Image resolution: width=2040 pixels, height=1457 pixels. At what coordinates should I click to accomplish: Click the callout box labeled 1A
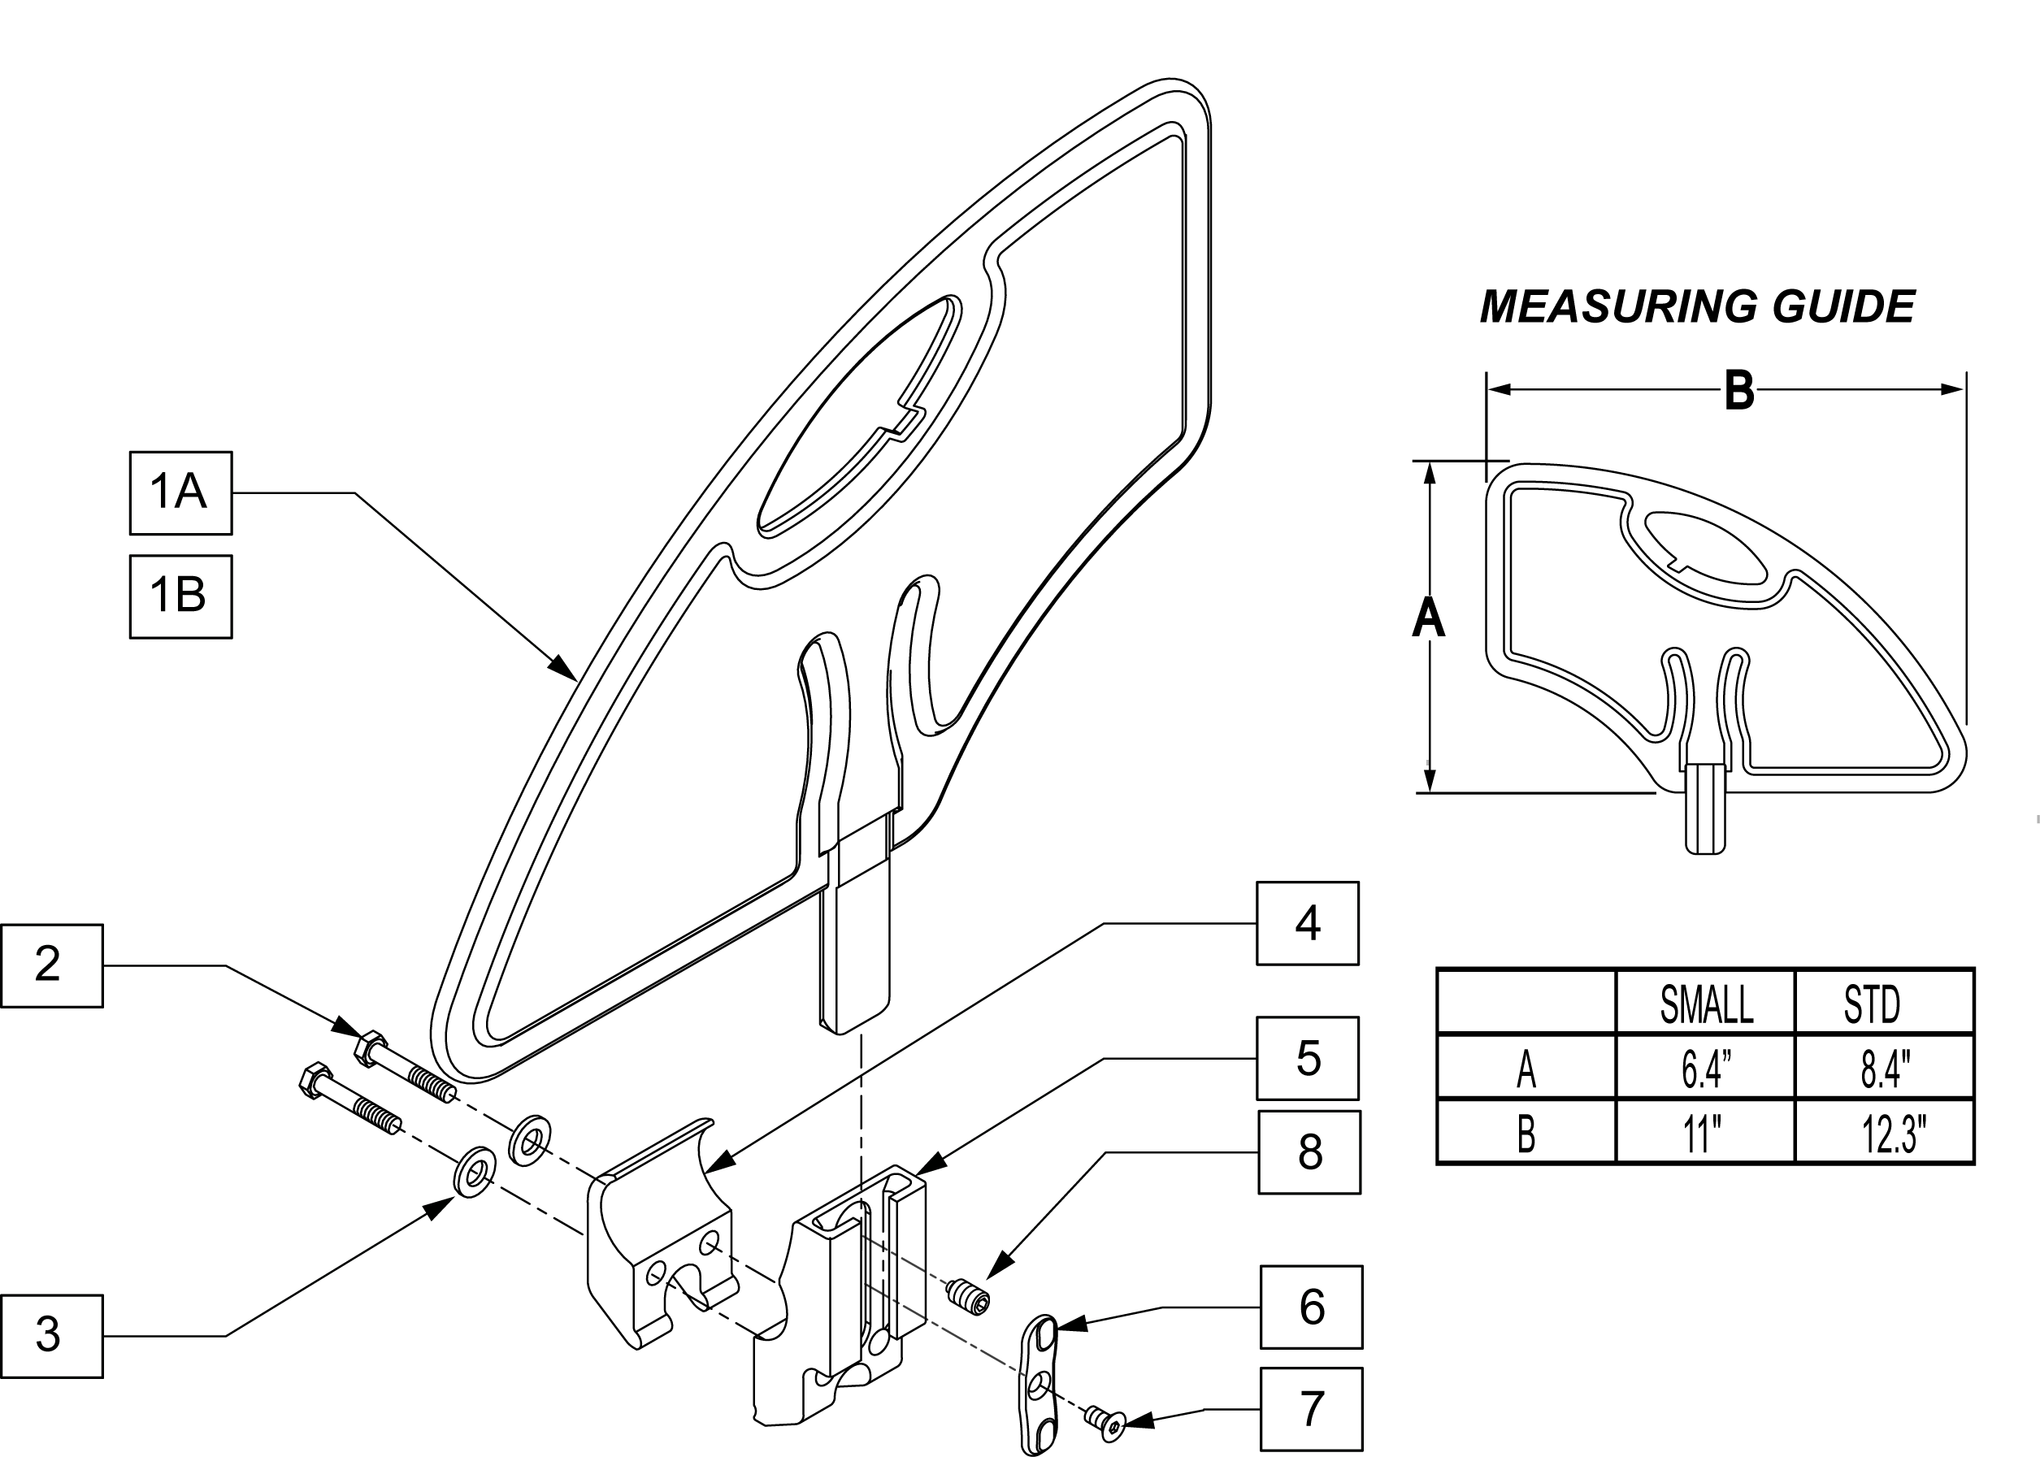tap(180, 493)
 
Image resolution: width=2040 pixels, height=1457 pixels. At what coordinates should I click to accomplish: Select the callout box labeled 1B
tap(180, 596)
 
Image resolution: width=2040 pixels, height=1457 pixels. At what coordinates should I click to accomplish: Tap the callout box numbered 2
tap(51, 966)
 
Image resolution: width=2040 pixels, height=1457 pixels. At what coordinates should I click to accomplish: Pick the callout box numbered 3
tap(51, 1337)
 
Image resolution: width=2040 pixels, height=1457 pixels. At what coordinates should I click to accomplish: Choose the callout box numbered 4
tap(1307, 923)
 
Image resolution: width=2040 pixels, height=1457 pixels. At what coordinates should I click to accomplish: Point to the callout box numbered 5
tap(1307, 1059)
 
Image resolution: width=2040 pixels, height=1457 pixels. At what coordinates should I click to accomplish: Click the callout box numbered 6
tap(1311, 1307)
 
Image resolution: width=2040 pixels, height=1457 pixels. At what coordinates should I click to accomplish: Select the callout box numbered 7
tap(1311, 1409)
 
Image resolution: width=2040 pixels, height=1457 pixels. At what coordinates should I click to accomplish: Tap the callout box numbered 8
tap(1309, 1153)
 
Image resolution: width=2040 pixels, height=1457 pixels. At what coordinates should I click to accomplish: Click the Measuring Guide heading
tap(1697, 307)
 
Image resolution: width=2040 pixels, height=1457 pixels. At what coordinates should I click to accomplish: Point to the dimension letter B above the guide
tap(1739, 392)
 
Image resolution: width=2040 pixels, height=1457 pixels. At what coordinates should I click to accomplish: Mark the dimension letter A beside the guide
tap(1428, 618)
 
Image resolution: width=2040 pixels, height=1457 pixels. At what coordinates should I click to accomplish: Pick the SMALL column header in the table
tap(1706, 1004)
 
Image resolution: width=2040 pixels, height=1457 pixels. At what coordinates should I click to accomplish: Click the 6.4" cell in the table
tap(1706, 1069)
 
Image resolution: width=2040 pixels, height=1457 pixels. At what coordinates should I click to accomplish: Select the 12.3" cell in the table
tap(1894, 1134)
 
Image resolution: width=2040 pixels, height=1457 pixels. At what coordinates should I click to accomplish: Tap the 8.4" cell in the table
tap(1886, 1069)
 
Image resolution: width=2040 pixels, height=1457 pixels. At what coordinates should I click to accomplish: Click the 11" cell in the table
tap(1702, 1134)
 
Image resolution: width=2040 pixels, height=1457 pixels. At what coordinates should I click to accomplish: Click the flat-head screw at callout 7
tap(1105, 1420)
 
